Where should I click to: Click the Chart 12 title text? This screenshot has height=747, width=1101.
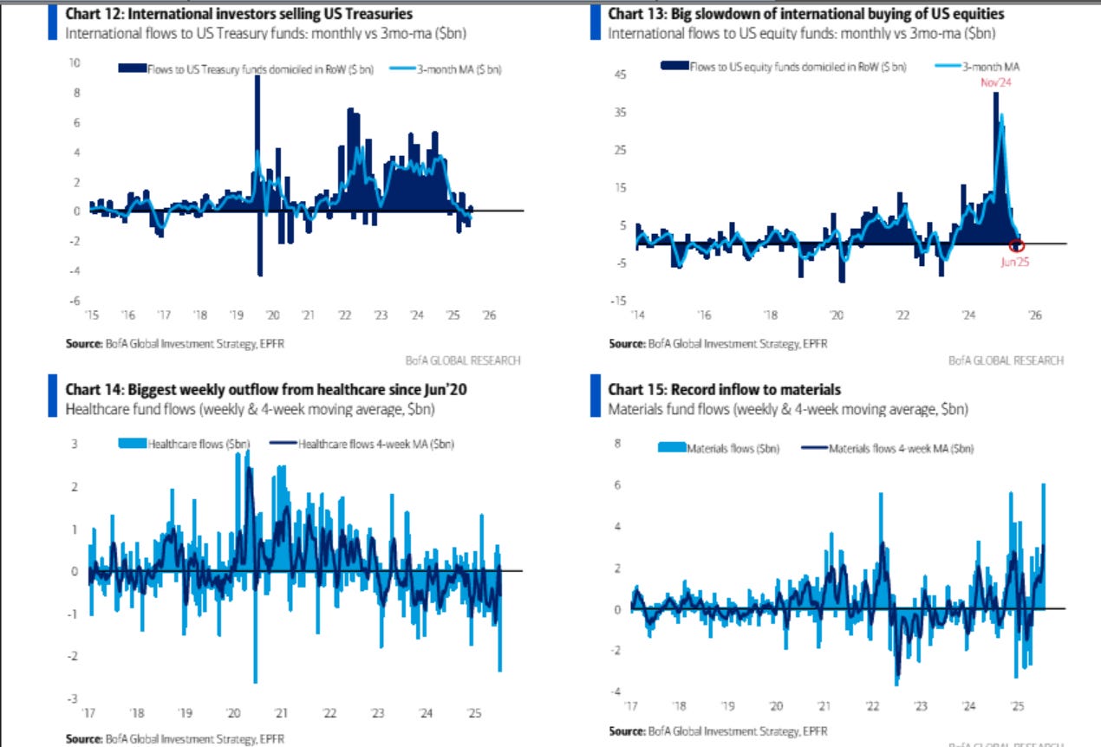click(x=238, y=14)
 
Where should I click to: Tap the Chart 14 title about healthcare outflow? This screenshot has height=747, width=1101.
click(x=266, y=390)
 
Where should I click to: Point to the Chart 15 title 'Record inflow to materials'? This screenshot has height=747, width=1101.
click(x=725, y=390)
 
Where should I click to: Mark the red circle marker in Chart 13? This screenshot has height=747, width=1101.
click(x=1018, y=245)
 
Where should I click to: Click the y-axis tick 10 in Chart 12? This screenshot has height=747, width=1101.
click(x=75, y=63)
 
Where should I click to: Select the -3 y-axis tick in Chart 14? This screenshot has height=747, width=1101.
click(x=74, y=698)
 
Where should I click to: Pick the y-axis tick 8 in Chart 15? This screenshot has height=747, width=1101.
click(x=619, y=443)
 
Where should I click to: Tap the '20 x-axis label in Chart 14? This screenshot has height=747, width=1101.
click(x=233, y=713)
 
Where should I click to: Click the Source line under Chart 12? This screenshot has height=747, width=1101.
click(x=174, y=343)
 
